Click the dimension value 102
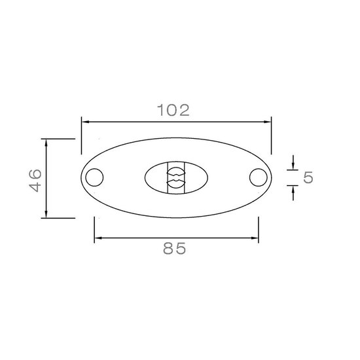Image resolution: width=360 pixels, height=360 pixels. [x=173, y=110]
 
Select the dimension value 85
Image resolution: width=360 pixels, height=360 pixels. [x=175, y=248]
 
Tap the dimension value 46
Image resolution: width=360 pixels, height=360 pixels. [x=35, y=181]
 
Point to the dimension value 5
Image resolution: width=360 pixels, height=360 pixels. [x=308, y=177]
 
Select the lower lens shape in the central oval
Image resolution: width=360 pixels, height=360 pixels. [x=176, y=183]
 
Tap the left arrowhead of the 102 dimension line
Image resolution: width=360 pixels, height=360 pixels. [x=85, y=122]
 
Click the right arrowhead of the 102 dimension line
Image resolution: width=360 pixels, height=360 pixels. [x=268, y=122]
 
